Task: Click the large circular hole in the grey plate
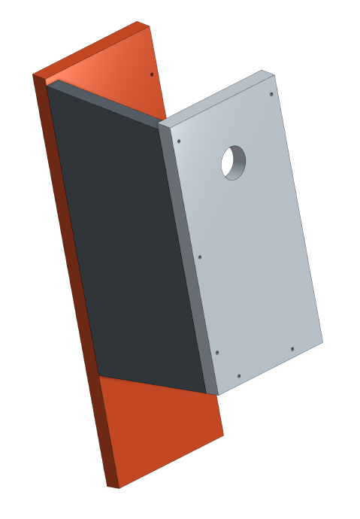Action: pos(234,162)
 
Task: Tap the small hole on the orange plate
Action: pos(152,74)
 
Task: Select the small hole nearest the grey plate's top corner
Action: pos(271,94)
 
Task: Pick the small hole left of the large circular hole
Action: pos(179,141)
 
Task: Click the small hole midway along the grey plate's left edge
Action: pos(200,256)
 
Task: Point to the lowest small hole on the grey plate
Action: pos(238,376)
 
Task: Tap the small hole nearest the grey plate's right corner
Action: pos(292,349)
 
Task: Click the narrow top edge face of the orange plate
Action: pos(90,50)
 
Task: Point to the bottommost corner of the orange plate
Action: pos(119,488)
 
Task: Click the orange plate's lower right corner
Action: pos(223,434)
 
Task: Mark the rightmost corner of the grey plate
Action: pos(322,341)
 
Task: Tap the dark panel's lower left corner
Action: pos(99,376)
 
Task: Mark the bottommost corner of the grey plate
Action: pos(218,395)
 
